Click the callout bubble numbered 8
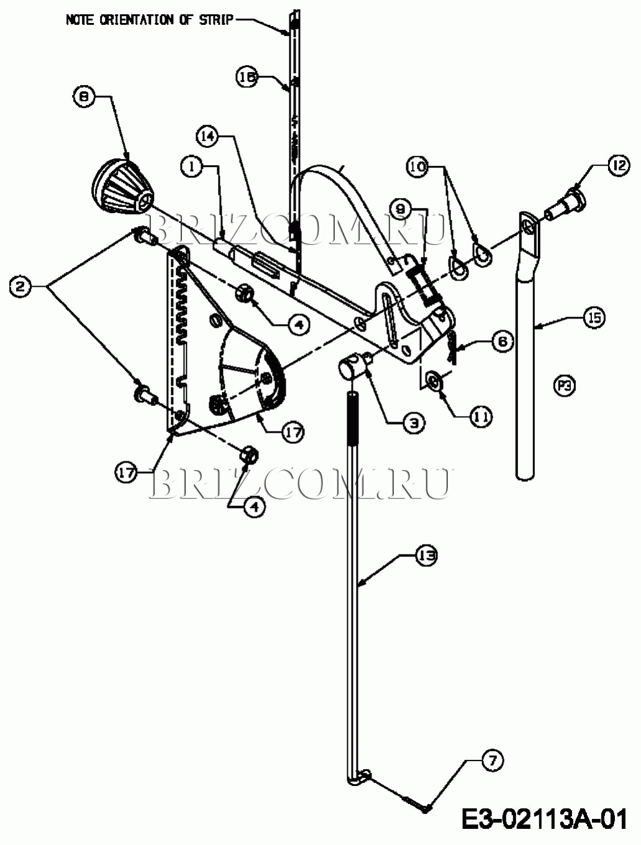84,96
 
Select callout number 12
618,166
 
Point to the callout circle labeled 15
594,318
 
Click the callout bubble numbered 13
426,554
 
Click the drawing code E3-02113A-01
545,819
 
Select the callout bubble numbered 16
246,77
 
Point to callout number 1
193,166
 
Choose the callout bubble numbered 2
20,286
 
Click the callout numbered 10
417,166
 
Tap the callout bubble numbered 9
400,206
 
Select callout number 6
502,341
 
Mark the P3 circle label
564,386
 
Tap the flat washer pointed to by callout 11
435,380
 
